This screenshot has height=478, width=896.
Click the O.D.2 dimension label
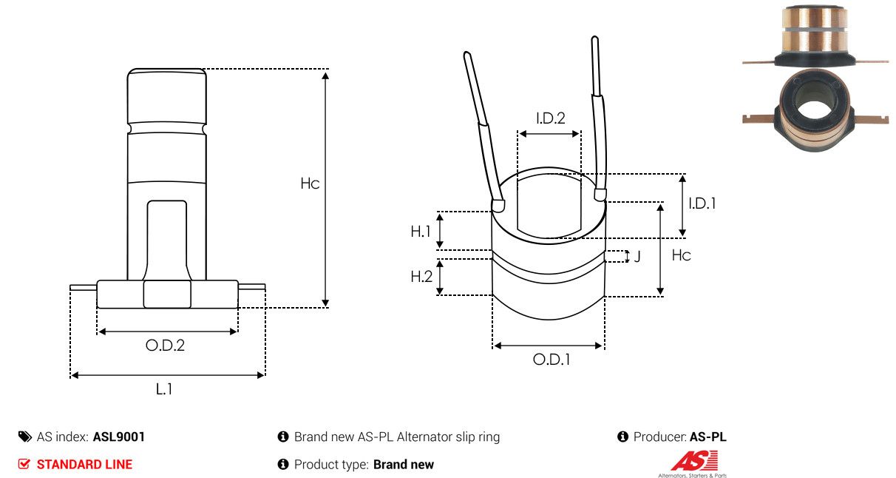(165, 345)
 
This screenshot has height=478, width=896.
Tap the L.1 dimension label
(164, 388)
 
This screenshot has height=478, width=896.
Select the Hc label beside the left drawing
(310, 184)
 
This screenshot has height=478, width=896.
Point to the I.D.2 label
(551, 118)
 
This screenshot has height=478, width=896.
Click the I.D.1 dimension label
(702, 203)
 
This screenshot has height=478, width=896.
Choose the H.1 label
(421, 231)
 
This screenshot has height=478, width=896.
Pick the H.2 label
(421, 276)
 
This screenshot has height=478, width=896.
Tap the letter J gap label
(637, 256)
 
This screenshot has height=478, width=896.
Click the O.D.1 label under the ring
(551, 360)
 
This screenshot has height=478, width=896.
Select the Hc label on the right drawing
(681, 255)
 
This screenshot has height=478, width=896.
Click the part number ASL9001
(119, 437)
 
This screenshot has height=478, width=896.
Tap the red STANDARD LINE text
(84, 465)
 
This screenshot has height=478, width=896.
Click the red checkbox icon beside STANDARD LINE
(24, 464)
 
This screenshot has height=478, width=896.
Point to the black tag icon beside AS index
(25, 437)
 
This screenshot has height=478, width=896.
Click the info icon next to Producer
(622, 437)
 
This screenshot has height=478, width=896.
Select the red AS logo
(694, 460)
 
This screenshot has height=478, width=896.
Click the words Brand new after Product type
(404, 465)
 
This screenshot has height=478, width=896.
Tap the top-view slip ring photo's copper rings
(815, 30)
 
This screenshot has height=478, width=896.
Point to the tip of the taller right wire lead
(594, 38)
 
